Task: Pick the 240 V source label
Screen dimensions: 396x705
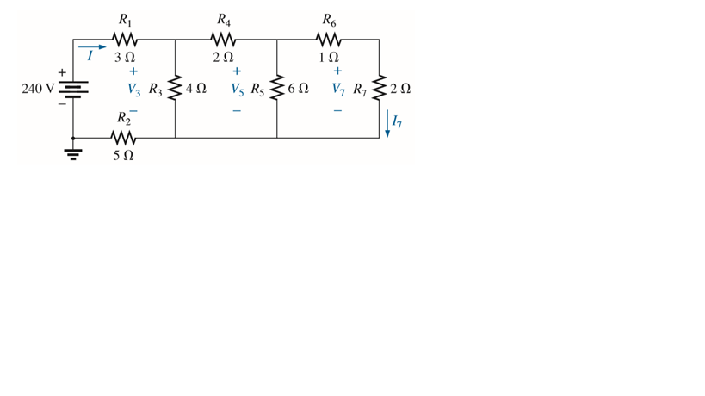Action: pyautogui.click(x=37, y=88)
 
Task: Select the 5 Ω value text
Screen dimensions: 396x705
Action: pyautogui.click(x=124, y=157)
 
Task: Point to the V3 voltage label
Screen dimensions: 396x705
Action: pyautogui.click(x=134, y=89)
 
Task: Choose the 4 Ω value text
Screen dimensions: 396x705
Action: pyautogui.click(x=196, y=89)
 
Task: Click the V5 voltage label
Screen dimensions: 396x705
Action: pyautogui.click(x=238, y=89)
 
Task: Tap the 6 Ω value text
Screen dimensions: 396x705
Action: pyautogui.click(x=299, y=89)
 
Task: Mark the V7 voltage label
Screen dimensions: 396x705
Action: pyautogui.click(x=339, y=89)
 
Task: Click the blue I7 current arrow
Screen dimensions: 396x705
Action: pyautogui.click(x=387, y=123)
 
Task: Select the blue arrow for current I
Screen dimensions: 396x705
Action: pyautogui.click(x=93, y=49)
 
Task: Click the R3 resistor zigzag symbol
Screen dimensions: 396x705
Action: pyautogui.click(x=176, y=89)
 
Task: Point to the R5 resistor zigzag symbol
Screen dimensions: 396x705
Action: pyautogui.click(x=277, y=89)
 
